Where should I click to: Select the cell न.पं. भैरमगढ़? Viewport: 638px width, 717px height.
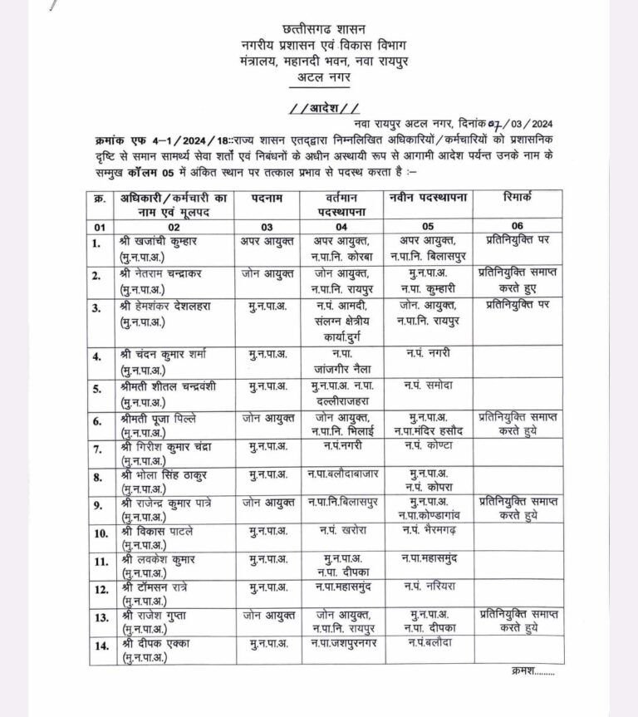(429, 530)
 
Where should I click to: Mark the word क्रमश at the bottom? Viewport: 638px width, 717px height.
(528, 671)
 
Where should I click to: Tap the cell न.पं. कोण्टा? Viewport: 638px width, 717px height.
(429, 448)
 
